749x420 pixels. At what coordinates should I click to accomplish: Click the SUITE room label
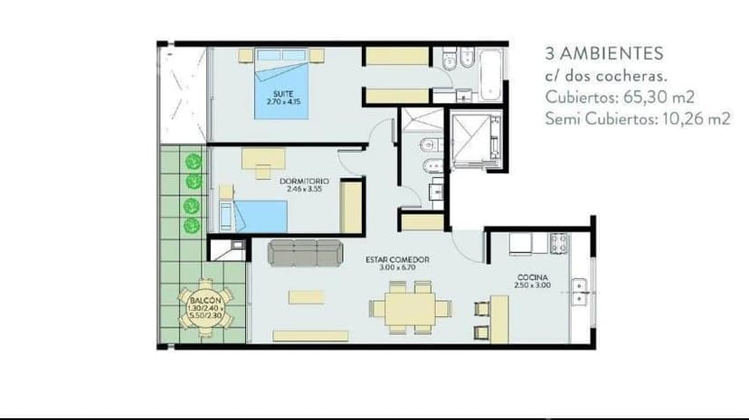point(283,93)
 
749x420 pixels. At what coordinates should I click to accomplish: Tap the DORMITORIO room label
point(304,182)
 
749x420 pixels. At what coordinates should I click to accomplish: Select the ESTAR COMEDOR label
point(397,260)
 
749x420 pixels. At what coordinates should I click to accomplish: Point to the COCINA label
point(533,277)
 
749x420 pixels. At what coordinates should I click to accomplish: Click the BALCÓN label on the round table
point(205,301)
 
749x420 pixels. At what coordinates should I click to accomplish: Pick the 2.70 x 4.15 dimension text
point(284,101)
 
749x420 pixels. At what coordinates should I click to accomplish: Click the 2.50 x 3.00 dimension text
point(533,285)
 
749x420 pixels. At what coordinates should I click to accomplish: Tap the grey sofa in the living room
point(306,253)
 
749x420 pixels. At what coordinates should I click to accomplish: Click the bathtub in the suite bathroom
point(490,75)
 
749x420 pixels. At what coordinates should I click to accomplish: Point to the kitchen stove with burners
point(558,243)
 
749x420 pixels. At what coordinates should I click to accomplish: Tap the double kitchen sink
point(579,292)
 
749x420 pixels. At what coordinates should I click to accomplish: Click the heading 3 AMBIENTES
point(604,53)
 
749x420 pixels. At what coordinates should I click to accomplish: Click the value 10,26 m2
point(697,118)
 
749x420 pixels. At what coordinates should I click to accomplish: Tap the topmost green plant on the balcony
point(194,162)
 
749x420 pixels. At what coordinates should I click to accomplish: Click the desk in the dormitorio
point(263,159)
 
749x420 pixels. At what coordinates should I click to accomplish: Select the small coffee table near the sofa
point(306,297)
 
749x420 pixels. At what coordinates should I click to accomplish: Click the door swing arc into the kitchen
point(462,251)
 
